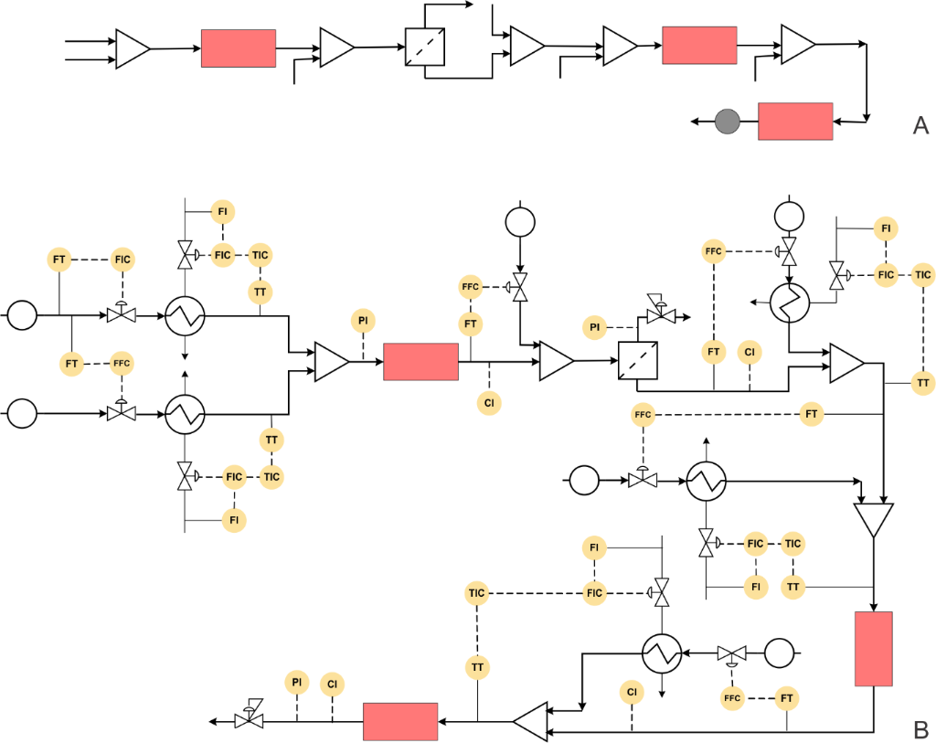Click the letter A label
tap(920, 126)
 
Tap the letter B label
tap(920, 729)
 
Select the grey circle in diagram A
tap(728, 121)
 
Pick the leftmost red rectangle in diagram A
tap(239, 48)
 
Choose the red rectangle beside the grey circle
tap(795, 122)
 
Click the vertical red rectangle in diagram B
tap(873, 649)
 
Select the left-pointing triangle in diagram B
tap(531, 721)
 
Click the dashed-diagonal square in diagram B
tap(638, 360)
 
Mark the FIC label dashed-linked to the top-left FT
tap(122, 260)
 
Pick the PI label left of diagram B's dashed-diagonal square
tap(595, 327)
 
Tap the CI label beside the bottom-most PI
tap(332, 684)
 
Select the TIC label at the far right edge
tap(922, 274)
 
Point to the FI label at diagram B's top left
tap(222, 212)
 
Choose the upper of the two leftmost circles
tap(23, 316)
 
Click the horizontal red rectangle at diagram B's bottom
tap(400, 721)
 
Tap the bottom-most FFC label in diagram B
tap(732, 699)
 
